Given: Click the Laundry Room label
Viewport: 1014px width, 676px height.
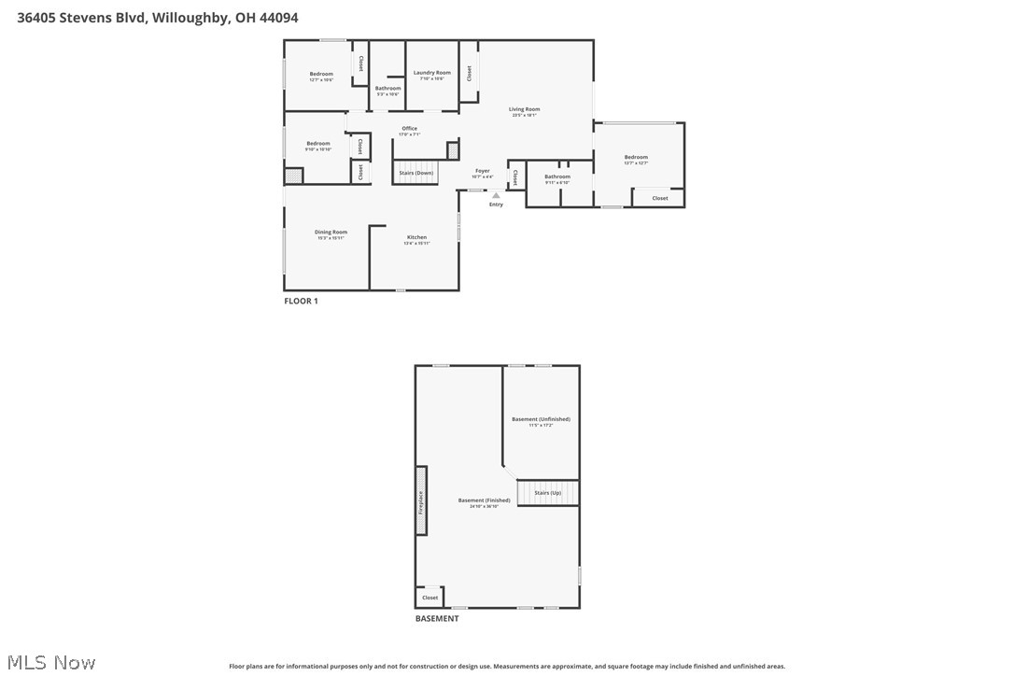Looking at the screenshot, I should pos(431,73).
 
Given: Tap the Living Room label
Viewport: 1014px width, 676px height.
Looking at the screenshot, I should pos(524,109).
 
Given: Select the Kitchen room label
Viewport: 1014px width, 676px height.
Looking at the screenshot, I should pos(416,237).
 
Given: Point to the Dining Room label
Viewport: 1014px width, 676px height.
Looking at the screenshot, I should pos(331,232).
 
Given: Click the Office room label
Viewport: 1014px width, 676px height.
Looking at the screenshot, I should pos(409,129).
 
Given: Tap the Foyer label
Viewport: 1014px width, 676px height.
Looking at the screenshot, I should pos(482,171).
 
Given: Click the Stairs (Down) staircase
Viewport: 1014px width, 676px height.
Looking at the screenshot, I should pos(415,173).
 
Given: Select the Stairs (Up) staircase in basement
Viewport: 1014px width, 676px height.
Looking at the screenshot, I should pos(548,492).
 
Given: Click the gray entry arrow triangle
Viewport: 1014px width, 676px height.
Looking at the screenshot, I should pos(496,195).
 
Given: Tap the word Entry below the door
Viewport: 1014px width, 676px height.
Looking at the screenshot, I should pos(496,204).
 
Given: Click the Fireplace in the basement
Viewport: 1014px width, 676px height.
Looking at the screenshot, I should pos(421,500).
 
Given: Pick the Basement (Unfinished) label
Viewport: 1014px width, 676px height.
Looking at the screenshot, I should pos(541,419).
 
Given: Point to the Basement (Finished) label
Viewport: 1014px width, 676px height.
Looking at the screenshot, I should pos(484,500).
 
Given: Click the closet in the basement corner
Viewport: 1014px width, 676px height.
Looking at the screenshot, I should pos(430,597).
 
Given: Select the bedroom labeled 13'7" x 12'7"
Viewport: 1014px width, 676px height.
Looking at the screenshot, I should pos(636,158).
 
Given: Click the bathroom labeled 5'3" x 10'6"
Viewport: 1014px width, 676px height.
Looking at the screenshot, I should pos(387,89).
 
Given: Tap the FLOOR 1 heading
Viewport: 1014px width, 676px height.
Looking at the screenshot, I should pos(301,301).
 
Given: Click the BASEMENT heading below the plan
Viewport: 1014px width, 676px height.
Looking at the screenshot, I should pos(437,618).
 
